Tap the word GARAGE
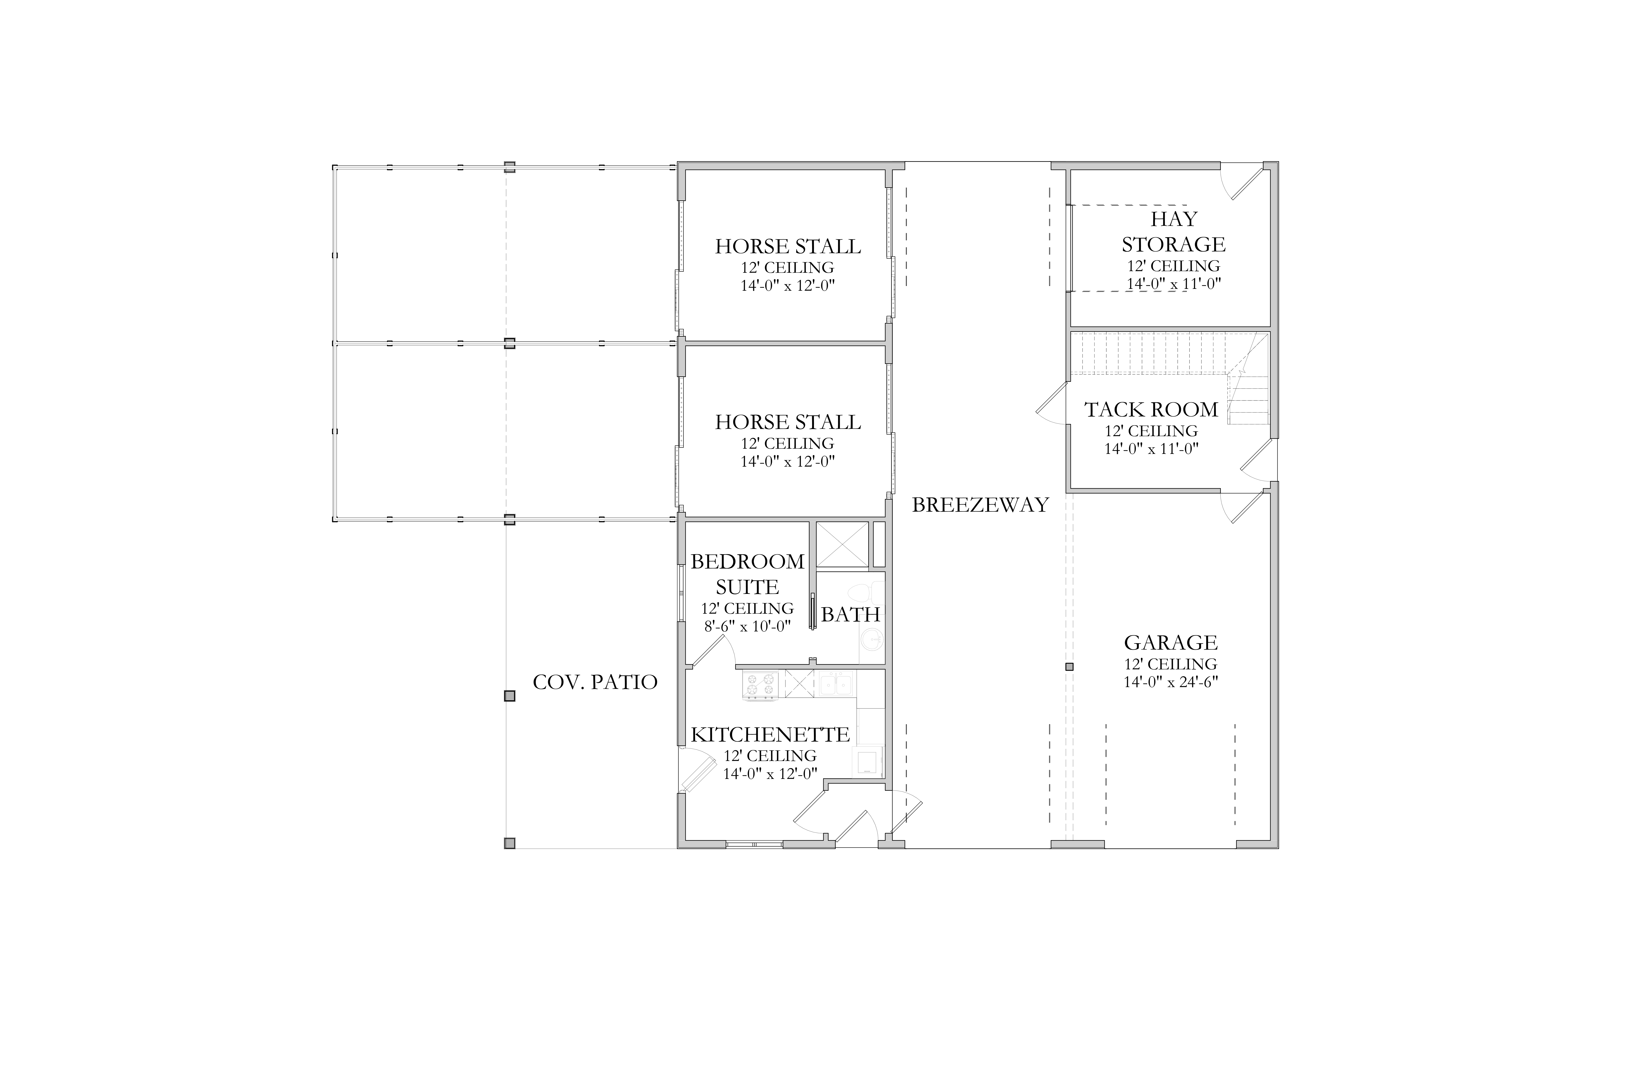pyautogui.click(x=1171, y=642)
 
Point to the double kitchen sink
pyautogui.click(x=837, y=684)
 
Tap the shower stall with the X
pyautogui.click(x=842, y=545)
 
